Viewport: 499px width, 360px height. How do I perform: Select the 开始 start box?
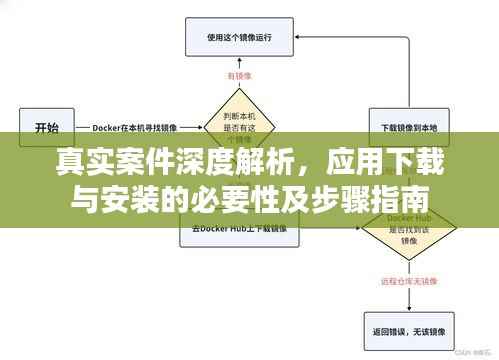pos(47,128)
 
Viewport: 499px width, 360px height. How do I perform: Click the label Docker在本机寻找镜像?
pos(136,128)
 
